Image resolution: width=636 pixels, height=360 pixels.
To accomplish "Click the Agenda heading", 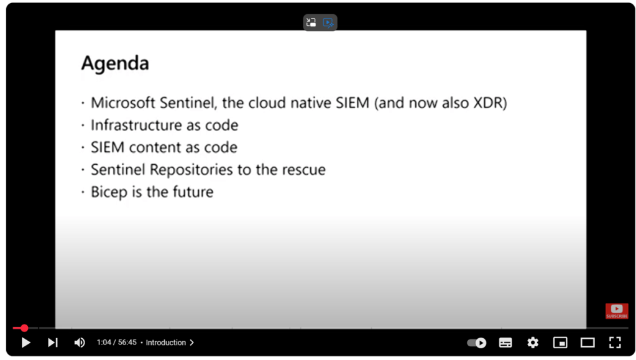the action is click(x=115, y=63).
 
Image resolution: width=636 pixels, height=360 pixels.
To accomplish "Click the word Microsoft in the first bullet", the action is click(x=123, y=103).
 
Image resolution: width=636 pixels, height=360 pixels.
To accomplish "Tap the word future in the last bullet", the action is click(x=193, y=192).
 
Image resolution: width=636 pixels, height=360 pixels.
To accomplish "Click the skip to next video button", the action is click(x=53, y=343).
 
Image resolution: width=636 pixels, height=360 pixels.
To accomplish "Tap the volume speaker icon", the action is click(x=80, y=343).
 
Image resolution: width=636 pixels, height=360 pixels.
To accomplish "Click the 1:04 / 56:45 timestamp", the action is click(x=116, y=343).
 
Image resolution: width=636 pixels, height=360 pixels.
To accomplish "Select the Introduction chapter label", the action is click(x=166, y=343).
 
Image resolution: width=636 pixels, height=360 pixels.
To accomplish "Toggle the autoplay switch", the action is click(x=477, y=343).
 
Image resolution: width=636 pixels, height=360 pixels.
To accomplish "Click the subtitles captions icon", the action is click(x=505, y=343).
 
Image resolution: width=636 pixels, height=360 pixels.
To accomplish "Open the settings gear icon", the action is click(x=533, y=343).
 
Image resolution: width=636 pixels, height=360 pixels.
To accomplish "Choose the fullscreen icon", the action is click(x=615, y=343).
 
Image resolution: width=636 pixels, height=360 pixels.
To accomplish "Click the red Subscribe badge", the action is click(x=617, y=311).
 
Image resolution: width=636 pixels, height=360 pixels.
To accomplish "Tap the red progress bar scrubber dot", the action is click(x=24, y=328).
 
